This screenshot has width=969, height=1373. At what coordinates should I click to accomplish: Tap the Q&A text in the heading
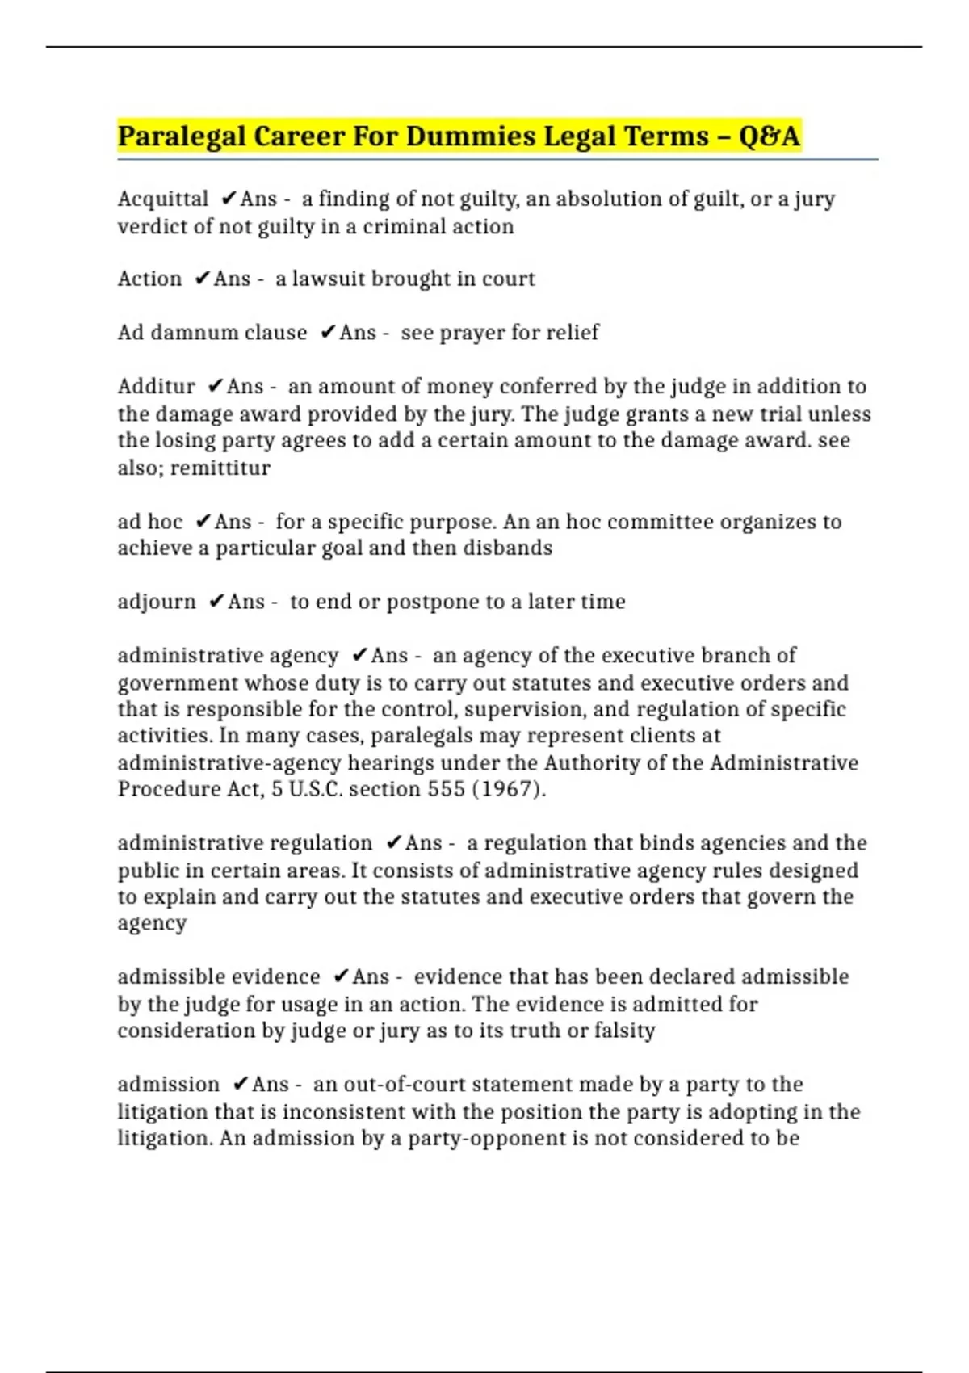click(769, 136)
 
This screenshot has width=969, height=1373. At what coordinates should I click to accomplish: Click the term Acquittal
click(162, 199)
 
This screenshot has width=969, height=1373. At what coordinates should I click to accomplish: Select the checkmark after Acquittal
click(229, 199)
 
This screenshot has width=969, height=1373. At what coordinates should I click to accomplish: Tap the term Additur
click(156, 386)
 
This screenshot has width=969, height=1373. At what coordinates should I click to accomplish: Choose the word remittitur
click(220, 468)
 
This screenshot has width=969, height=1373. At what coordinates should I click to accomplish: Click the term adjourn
click(156, 602)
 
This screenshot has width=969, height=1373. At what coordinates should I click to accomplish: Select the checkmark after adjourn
click(216, 602)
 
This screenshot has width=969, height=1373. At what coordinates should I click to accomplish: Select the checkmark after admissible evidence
click(340, 976)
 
